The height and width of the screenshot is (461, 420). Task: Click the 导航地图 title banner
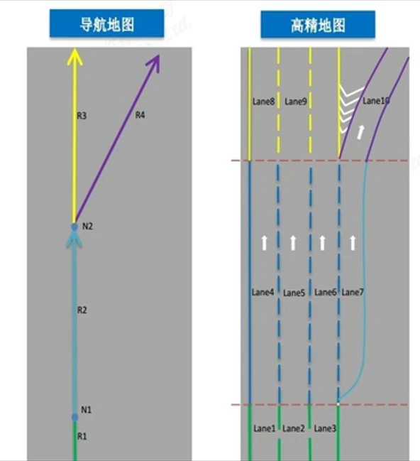pyautogui.click(x=106, y=23)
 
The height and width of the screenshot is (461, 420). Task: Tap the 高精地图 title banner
pyautogui.click(x=318, y=24)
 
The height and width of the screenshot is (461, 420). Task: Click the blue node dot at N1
pyautogui.click(x=75, y=417)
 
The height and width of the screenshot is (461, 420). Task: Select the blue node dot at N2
pyautogui.click(x=74, y=227)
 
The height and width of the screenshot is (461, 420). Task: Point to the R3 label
pyautogui.click(x=82, y=116)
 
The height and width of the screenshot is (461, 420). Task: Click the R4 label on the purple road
pyautogui.click(x=140, y=114)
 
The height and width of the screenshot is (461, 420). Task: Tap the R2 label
pyautogui.click(x=82, y=310)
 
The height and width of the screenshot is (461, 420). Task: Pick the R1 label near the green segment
pyautogui.click(x=82, y=436)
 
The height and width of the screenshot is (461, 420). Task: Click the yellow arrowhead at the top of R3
pyautogui.click(x=75, y=56)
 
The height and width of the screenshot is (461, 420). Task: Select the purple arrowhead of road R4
pyautogui.click(x=154, y=63)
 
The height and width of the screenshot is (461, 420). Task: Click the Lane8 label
pyautogui.click(x=263, y=102)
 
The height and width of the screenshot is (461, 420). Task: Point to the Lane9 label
pyautogui.click(x=296, y=102)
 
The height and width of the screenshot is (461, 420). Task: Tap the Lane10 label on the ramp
pyautogui.click(x=376, y=101)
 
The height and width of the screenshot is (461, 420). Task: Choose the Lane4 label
pyautogui.click(x=262, y=292)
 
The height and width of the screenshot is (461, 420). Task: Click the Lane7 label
pyautogui.click(x=353, y=292)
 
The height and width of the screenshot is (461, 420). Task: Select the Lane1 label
pyautogui.click(x=265, y=428)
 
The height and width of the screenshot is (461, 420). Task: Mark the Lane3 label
pyautogui.click(x=325, y=428)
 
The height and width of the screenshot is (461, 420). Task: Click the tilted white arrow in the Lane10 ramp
pyautogui.click(x=360, y=132)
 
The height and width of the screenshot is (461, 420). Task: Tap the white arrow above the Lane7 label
pyautogui.click(x=353, y=243)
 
